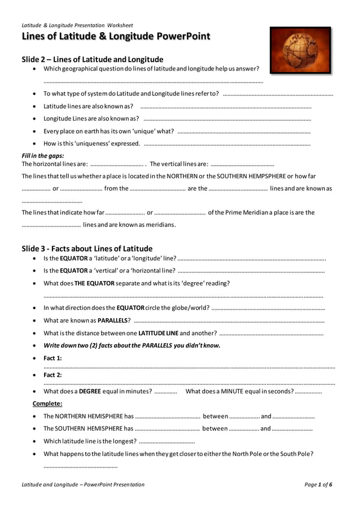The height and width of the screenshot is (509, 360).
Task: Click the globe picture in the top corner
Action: point(300,50)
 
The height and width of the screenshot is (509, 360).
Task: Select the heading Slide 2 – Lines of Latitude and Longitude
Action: point(93,59)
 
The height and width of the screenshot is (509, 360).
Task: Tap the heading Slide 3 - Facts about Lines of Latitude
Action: point(87,248)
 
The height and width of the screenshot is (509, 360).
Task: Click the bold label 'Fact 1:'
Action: point(52,358)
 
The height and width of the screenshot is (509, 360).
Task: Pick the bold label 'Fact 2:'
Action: point(52,375)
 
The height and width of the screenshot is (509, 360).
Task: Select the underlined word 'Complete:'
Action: point(47,403)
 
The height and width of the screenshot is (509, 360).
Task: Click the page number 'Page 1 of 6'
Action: point(318,484)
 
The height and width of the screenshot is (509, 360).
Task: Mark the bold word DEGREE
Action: point(90,391)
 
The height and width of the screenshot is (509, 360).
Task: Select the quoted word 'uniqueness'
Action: point(86,143)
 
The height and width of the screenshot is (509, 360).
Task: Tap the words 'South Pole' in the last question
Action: point(297,454)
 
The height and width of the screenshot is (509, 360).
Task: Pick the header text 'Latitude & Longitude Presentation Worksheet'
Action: point(77,25)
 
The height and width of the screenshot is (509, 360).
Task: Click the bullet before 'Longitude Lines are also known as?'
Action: point(35,119)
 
